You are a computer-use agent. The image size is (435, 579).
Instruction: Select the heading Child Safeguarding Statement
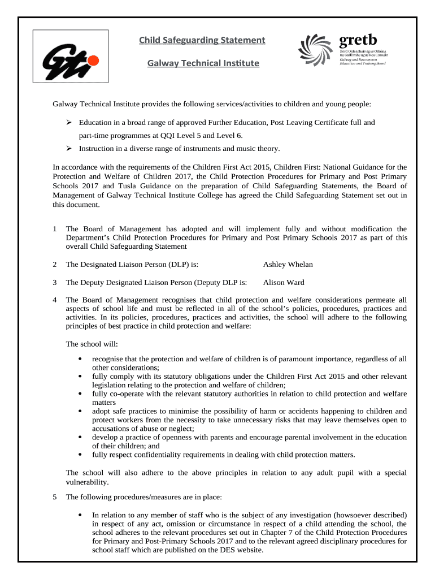coord(202,40)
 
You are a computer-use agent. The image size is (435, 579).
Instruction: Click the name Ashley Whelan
coord(288,264)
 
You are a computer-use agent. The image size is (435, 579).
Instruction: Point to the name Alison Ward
coord(284,282)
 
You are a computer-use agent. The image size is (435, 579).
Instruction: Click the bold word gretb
coord(357,40)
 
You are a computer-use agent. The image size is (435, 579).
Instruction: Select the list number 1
coord(54,229)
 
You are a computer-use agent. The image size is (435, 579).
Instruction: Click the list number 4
coord(54,300)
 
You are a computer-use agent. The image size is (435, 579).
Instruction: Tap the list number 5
coord(54,497)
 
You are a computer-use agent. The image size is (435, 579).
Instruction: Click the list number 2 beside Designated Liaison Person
coord(54,264)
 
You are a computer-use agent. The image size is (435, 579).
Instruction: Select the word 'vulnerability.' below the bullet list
coord(87,482)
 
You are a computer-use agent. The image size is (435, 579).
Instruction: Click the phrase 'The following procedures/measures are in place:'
coord(144,497)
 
